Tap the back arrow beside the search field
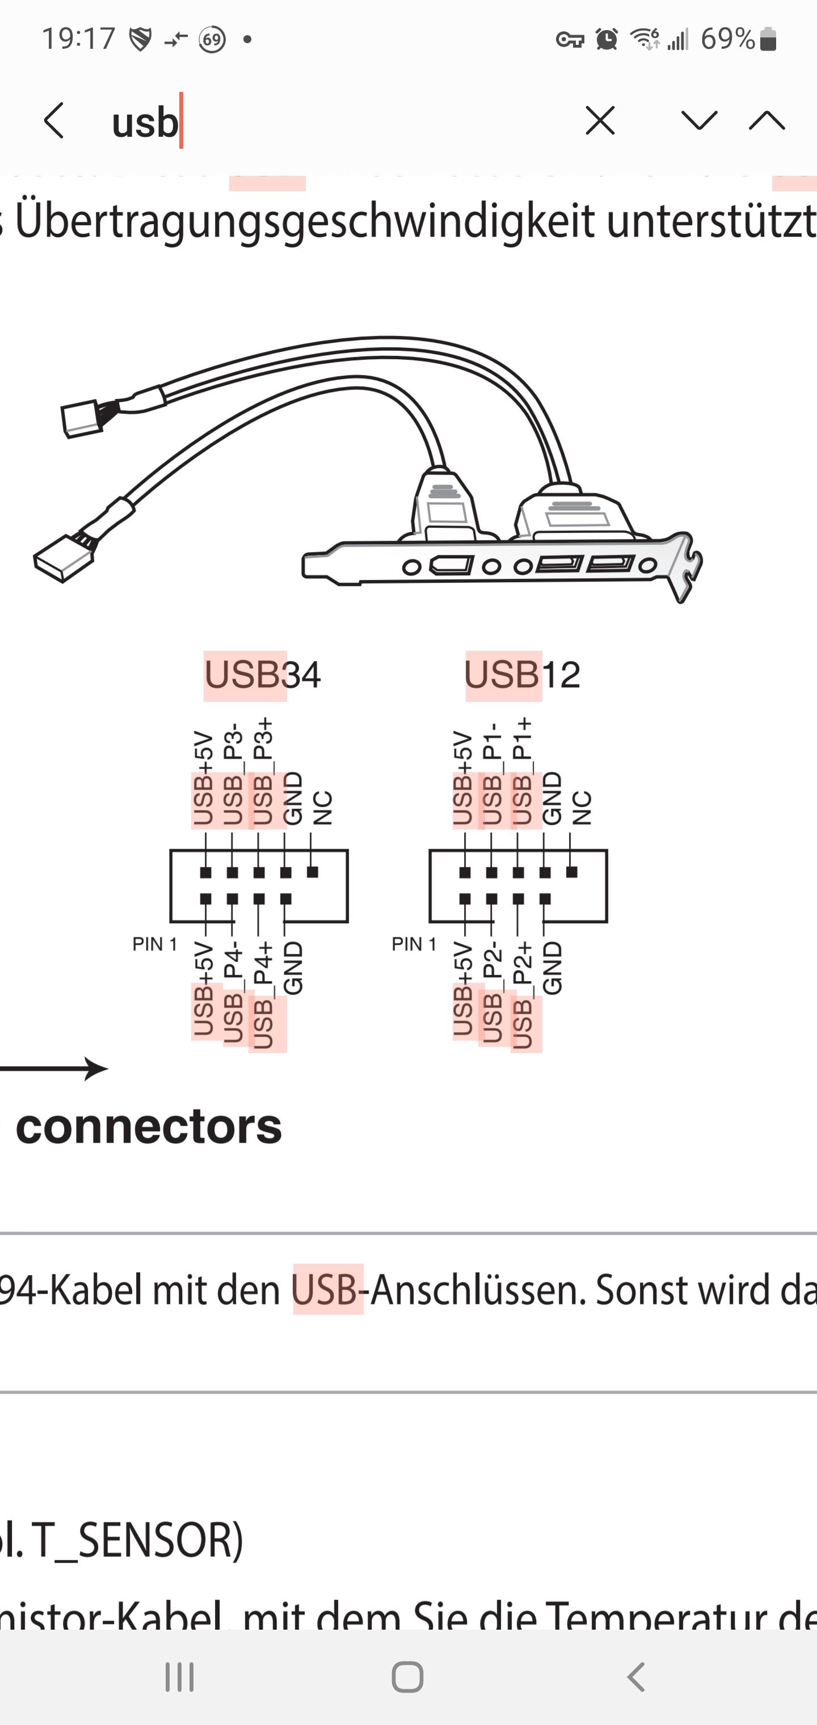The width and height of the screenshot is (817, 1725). coord(53,121)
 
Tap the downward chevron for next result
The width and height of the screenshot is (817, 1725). coord(699,121)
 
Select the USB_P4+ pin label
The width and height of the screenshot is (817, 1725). coord(263,994)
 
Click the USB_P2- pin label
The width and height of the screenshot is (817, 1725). coord(492,994)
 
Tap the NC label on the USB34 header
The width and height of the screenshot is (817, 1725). coord(322,807)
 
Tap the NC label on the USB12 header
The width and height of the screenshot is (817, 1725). coord(582,807)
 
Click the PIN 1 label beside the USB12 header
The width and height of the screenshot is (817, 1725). coord(414,944)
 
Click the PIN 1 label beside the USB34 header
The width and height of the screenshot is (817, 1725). coord(155,944)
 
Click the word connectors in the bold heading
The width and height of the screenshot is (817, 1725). coord(149,1126)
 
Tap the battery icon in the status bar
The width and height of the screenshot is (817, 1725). coord(768,40)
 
